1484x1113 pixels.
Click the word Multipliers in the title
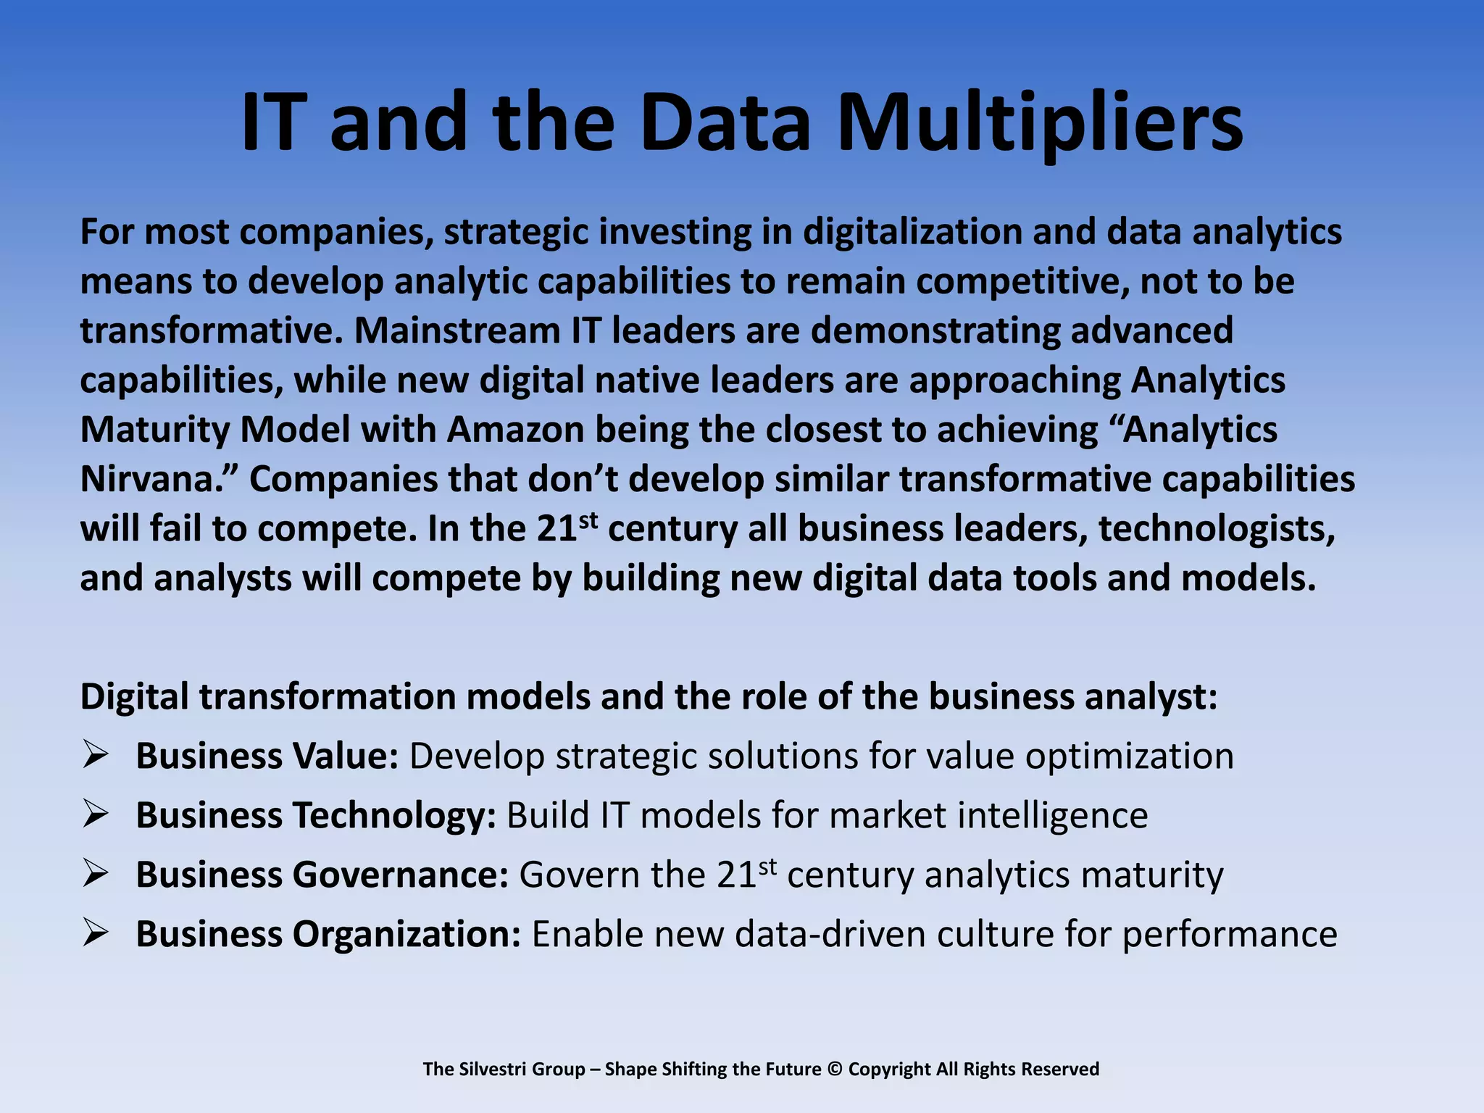pyautogui.click(x=1040, y=123)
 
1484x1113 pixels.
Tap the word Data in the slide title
pyautogui.click(x=725, y=123)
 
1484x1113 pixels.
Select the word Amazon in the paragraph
pyautogui.click(x=515, y=430)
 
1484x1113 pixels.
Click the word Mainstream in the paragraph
pyautogui.click(x=457, y=330)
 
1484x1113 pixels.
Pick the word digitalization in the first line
pyautogui.click(x=912, y=233)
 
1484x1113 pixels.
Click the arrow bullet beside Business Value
pyautogui.click(x=95, y=754)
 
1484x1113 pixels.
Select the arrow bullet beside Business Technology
pyautogui.click(x=95, y=814)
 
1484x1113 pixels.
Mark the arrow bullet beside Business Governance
pyautogui.click(x=95, y=873)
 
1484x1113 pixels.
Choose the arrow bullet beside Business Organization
pyautogui.click(x=95, y=933)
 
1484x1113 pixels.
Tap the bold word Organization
pyautogui.click(x=406, y=935)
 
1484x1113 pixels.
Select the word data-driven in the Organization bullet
pyautogui.click(x=830, y=934)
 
